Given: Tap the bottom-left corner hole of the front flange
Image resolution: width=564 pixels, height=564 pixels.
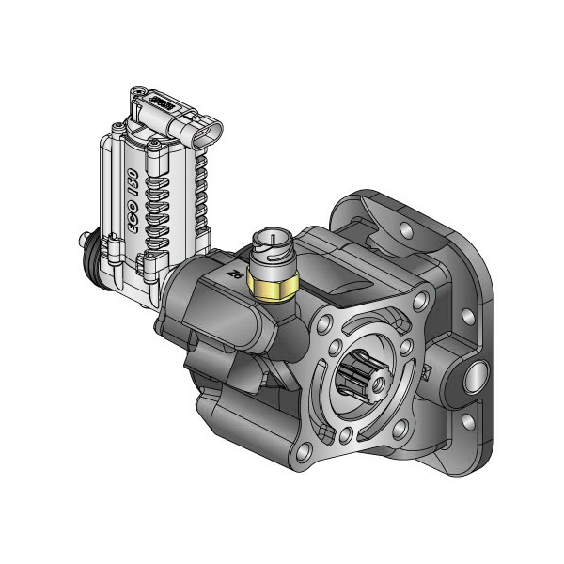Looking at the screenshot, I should coord(349,434).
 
